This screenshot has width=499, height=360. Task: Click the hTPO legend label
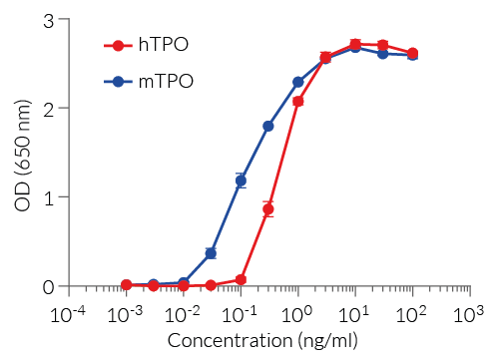tap(164, 45)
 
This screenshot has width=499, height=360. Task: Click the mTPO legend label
tap(165, 81)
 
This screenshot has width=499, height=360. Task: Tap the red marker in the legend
tap(119, 45)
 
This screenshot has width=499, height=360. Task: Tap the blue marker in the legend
tap(119, 81)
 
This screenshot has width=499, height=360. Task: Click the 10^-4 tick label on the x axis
tap(67, 314)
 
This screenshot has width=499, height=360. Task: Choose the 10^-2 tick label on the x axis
tap(183, 314)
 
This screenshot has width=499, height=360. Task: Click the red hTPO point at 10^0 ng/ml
tap(298, 102)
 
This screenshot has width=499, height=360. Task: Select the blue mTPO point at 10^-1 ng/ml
tap(241, 180)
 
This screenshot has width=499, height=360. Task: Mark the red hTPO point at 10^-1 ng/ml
tap(241, 279)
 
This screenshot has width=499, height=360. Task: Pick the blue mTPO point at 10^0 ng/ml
tap(298, 82)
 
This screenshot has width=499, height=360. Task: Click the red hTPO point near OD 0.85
tap(268, 209)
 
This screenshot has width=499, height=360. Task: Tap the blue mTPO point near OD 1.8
tap(268, 126)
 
